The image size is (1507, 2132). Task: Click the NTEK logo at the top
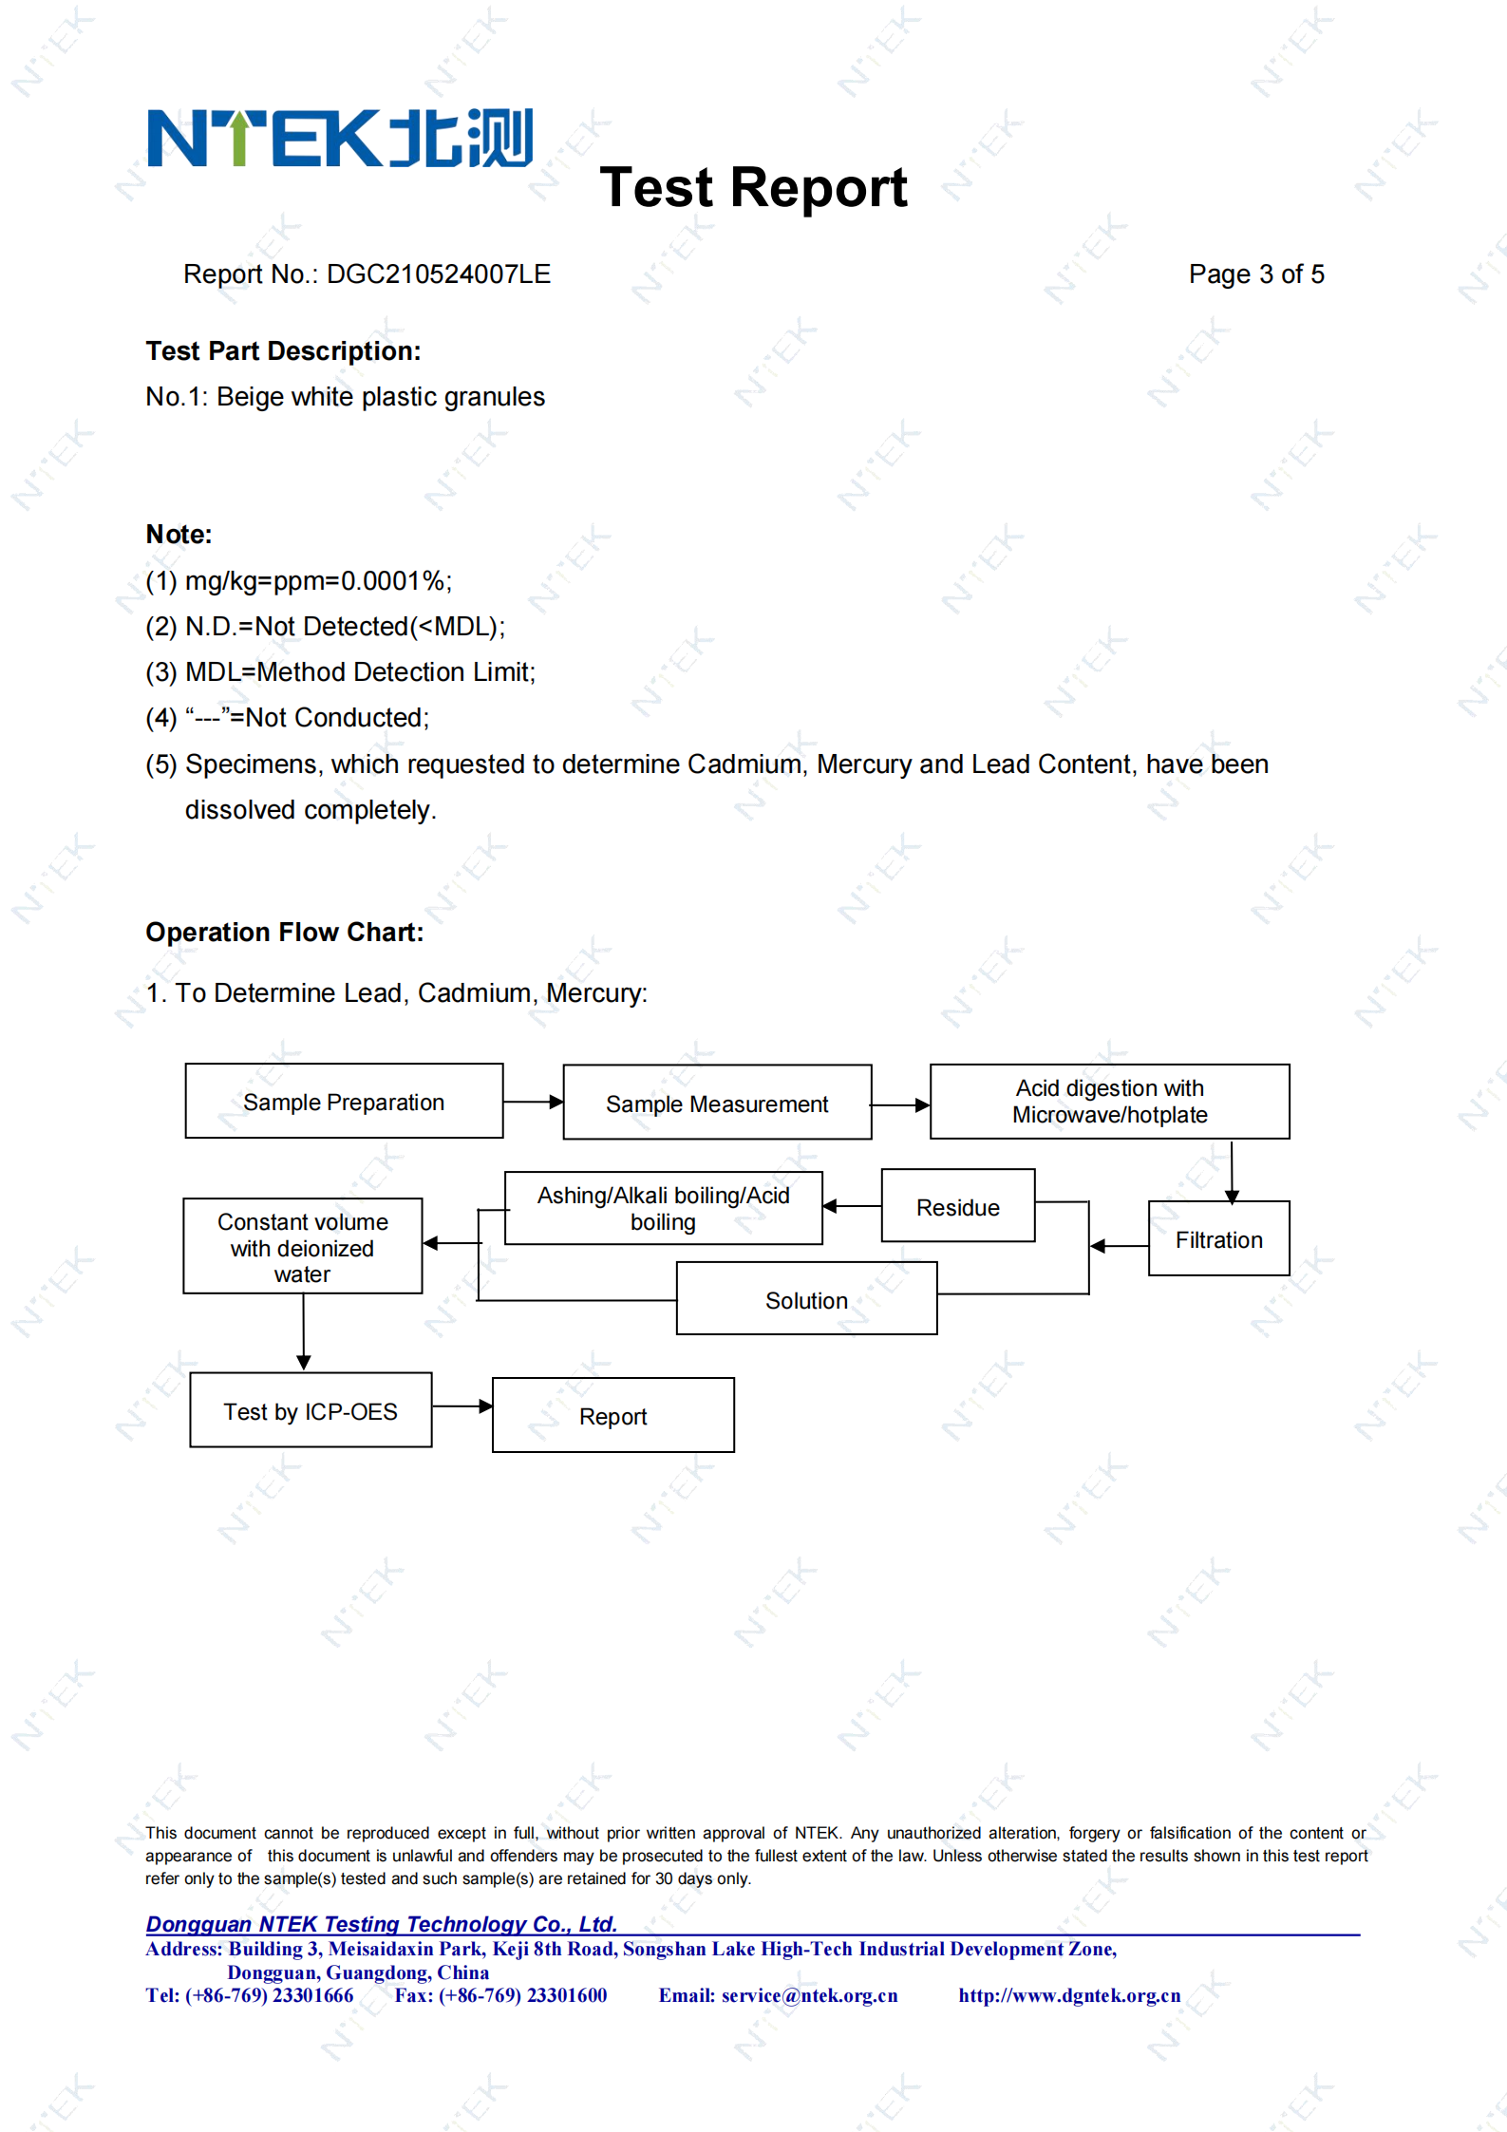coord(340,139)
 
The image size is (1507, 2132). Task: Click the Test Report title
coord(754,187)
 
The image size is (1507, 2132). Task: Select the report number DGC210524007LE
coord(439,274)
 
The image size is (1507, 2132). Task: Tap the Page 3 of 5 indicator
coord(1256,274)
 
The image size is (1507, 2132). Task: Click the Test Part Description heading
coord(283,351)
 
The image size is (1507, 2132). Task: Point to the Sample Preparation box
coord(344,1101)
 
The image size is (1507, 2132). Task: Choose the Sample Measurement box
coord(717,1102)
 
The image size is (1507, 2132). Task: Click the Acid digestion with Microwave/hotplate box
coord(1109,1101)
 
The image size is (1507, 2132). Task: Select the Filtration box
coord(1218,1238)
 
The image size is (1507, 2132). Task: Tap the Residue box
coord(958,1206)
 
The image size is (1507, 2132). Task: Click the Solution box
coord(806,1298)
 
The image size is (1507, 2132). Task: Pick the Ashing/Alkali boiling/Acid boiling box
coord(663,1208)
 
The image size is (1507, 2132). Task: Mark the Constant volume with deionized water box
coord(303,1246)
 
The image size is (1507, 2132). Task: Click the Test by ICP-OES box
coord(311,1410)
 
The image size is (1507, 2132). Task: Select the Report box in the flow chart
coord(613,1415)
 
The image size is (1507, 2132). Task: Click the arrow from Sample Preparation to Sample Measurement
coord(534,1102)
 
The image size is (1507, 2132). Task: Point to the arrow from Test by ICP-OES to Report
coord(462,1406)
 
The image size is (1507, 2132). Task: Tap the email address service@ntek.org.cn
coord(809,1995)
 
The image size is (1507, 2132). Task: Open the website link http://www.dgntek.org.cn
coord(1069,1995)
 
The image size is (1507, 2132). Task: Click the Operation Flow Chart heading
coord(285,933)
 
